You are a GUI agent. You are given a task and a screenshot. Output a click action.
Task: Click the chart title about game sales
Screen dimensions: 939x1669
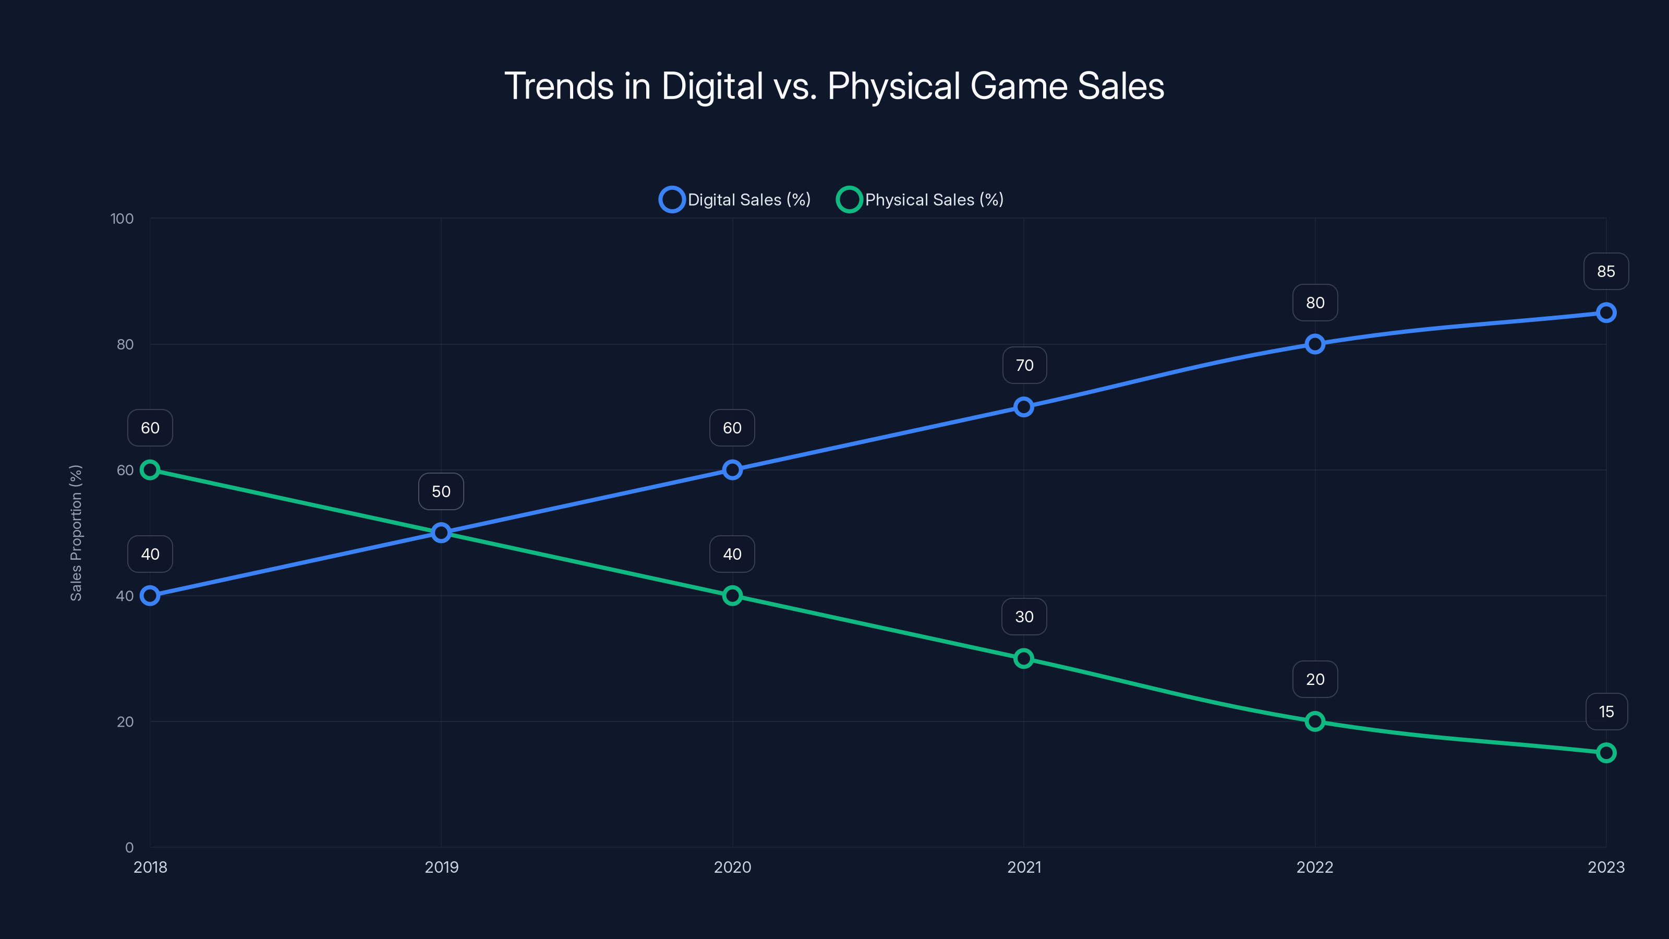pos(835,86)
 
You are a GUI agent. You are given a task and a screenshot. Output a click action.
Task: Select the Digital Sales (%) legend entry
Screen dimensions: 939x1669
pos(735,200)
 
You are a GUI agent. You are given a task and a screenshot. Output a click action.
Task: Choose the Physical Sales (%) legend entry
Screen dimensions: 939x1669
pos(920,200)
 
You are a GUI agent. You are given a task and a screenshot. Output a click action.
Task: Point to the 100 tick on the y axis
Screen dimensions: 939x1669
pos(122,219)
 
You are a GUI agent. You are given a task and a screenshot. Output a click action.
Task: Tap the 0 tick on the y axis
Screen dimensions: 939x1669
pos(129,847)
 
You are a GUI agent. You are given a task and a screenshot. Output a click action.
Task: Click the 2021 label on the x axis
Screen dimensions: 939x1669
pos(1024,867)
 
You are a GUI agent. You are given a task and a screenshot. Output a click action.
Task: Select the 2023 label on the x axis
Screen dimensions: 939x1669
pos(1605,867)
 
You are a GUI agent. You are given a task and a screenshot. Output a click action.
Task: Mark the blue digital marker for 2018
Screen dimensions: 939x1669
pos(150,596)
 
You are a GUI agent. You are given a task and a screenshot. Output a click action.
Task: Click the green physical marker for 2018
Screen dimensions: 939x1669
pos(150,470)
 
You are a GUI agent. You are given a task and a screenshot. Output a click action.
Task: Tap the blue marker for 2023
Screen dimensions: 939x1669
pos(1605,313)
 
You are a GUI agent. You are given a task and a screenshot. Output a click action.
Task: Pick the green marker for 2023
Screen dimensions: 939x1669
pos(1605,752)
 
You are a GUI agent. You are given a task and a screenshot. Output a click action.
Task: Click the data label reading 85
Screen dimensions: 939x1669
pos(1605,271)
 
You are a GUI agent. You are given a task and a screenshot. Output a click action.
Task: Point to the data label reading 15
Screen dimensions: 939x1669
pos(1605,712)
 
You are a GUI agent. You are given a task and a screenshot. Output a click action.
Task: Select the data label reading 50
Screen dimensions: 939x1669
pos(441,491)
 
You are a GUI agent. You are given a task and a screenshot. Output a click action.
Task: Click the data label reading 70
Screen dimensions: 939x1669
pos(1024,366)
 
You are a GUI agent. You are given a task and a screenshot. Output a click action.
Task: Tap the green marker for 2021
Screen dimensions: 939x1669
pos(1024,658)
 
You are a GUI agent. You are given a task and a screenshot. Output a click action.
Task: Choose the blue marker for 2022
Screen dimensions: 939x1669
pos(1314,344)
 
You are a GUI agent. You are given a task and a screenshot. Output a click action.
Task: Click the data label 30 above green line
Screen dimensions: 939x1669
pos(1024,617)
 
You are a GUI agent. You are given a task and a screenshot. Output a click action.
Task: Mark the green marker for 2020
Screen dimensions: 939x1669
pos(732,596)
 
